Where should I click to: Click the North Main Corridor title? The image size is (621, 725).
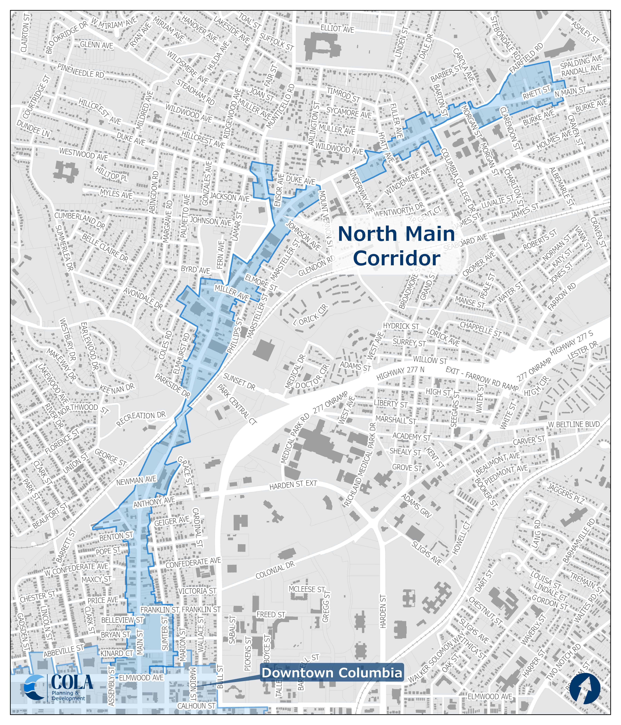(x=397, y=246)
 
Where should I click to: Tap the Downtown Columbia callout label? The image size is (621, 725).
(x=332, y=673)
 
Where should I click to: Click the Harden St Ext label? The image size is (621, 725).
(x=293, y=485)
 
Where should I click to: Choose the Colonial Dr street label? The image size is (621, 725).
(x=275, y=570)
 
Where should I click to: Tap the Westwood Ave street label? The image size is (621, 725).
(x=83, y=154)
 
